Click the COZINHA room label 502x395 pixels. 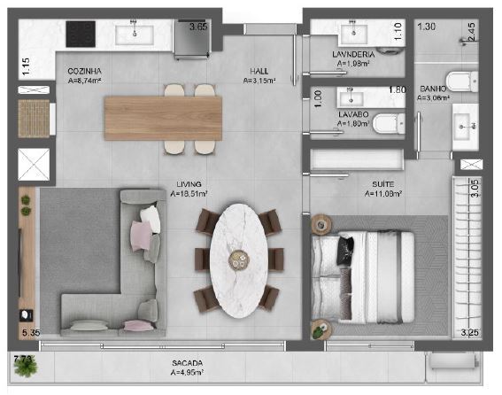coord(85,71)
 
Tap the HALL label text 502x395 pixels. coord(259,71)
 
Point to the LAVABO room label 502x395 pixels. coord(351,115)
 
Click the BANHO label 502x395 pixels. coord(433,88)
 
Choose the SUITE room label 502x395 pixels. coord(383,185)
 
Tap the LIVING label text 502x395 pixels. coord(189,185)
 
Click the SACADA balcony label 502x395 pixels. coord(187,363)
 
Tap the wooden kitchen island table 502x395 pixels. coord(163,115)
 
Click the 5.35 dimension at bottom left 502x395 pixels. coord(31,333)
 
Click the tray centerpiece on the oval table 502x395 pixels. coord(238,258)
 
